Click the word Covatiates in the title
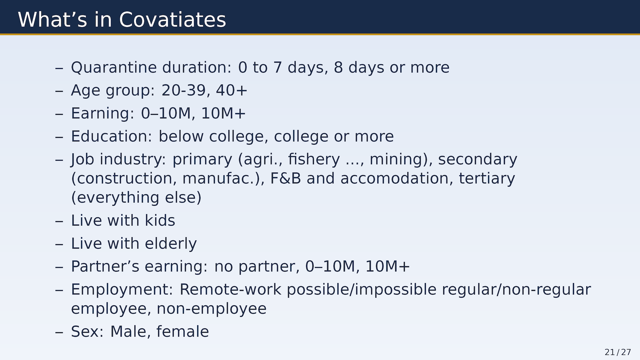tap(172, 20)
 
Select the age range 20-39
tap(183, 90)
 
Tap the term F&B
tap(285, 178)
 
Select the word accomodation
tap(395, 178)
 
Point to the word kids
tap(160, 220)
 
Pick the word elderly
tap(171, 244)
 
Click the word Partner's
tap(105, 266)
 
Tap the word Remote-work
tap(230, 289)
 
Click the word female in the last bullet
tap(182, 331)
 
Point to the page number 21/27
tap(618, 352)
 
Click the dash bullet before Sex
tap(59, 332)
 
